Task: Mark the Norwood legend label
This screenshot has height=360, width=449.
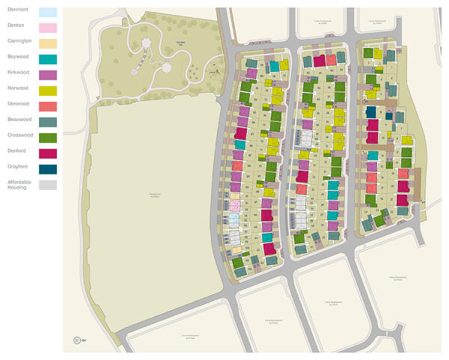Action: [x=16, y=87]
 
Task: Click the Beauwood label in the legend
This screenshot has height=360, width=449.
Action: [x=18, y=118]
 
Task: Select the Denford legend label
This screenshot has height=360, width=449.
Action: [x=16, y=150]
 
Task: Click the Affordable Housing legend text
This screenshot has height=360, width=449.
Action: [x=17, y=184]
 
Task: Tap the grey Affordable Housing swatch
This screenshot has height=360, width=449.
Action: [x=47, y=185]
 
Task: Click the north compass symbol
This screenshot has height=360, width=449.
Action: [x=76, y=341]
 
